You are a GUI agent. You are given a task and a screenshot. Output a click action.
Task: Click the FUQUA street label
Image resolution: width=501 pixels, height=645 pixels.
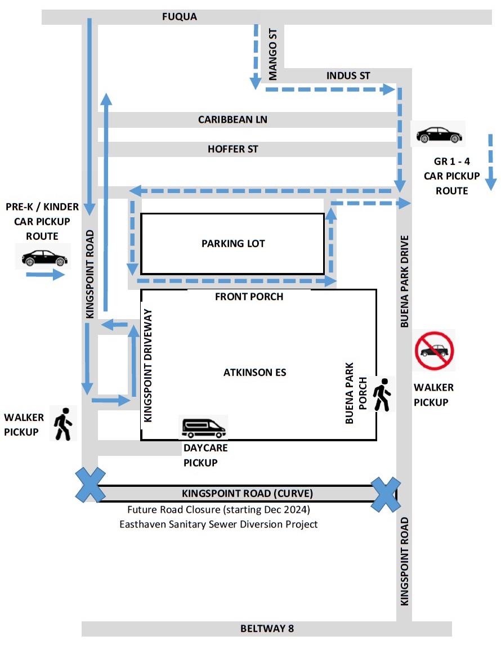pos(179,17)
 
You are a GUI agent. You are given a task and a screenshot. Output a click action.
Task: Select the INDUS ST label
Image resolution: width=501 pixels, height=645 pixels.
pos(348,76)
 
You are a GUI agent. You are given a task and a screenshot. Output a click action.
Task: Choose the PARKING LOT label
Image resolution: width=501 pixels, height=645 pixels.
pos(233,244)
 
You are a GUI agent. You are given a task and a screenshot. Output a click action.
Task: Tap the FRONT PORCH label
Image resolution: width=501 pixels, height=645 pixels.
pos(249,297)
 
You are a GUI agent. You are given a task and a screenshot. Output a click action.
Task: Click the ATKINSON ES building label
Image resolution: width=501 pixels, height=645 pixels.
pos(254,373)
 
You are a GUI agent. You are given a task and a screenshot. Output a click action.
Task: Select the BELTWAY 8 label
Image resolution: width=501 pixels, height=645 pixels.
pos(267,629)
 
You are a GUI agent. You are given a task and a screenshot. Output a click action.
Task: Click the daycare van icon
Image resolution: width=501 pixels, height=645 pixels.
pos(203,428)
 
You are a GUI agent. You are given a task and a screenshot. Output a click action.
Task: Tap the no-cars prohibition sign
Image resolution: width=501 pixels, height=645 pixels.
pos(435,350)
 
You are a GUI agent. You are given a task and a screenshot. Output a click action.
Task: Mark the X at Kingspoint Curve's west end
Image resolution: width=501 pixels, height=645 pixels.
pos(91,485)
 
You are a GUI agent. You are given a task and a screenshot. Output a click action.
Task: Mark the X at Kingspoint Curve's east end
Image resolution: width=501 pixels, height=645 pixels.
pos(386,494)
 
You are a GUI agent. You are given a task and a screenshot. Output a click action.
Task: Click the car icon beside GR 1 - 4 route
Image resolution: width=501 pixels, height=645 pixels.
pos(439,135)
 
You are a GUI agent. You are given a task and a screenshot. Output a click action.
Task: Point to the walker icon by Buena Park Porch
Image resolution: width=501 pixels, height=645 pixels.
pos(382,395)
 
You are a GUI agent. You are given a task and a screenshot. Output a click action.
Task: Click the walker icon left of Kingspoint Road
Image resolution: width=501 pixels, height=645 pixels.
pos(62,424)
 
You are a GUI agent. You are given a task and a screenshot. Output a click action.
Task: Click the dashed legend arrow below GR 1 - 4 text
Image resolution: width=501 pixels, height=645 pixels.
pos(490,162)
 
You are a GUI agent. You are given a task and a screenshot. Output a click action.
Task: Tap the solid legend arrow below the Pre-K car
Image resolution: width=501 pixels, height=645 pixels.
pos(45,275)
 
